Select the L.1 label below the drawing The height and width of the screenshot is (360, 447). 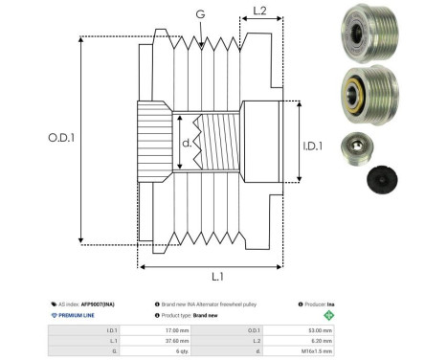216,276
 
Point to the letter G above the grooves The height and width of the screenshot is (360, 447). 199,13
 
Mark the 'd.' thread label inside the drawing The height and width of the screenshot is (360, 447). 187,144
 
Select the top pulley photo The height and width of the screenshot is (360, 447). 364,31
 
